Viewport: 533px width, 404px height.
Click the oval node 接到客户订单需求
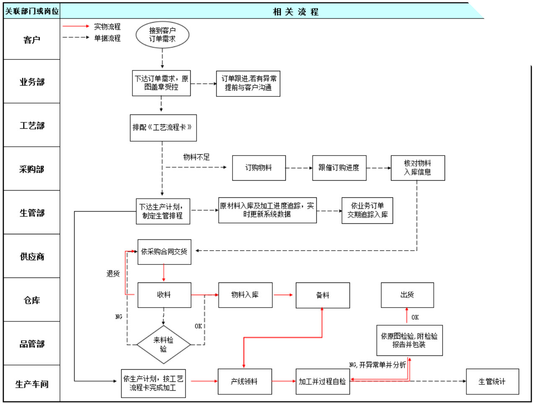tap(162, 35)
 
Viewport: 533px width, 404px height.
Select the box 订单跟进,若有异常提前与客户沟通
tap(248, 83)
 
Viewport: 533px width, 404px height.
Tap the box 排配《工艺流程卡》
tap(163, 127)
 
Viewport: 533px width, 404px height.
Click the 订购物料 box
tap(259, 168)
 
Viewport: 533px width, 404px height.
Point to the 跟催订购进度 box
tap(339, 168)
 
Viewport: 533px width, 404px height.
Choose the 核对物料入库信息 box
tap(417, 168)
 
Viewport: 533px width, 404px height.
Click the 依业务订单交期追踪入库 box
tap(367, 210)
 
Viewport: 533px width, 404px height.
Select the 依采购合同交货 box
tap(164, 251)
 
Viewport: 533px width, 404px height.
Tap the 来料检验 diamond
tap(163, 344)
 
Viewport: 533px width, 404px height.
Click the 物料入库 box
tap(245, 295)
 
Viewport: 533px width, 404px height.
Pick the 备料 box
tap(323, 295)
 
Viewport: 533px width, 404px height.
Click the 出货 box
tap(407, 295)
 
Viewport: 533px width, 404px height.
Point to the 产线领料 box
tap(244, 381)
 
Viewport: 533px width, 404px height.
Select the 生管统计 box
tap(492, 381)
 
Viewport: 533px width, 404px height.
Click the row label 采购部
tap(32, 169)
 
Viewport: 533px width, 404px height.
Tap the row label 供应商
tap(32, 256)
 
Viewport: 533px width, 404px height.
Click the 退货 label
tap(113, 274)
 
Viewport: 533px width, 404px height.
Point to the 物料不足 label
tap(196, 157)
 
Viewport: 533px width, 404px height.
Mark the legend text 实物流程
tap(107, 26)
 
